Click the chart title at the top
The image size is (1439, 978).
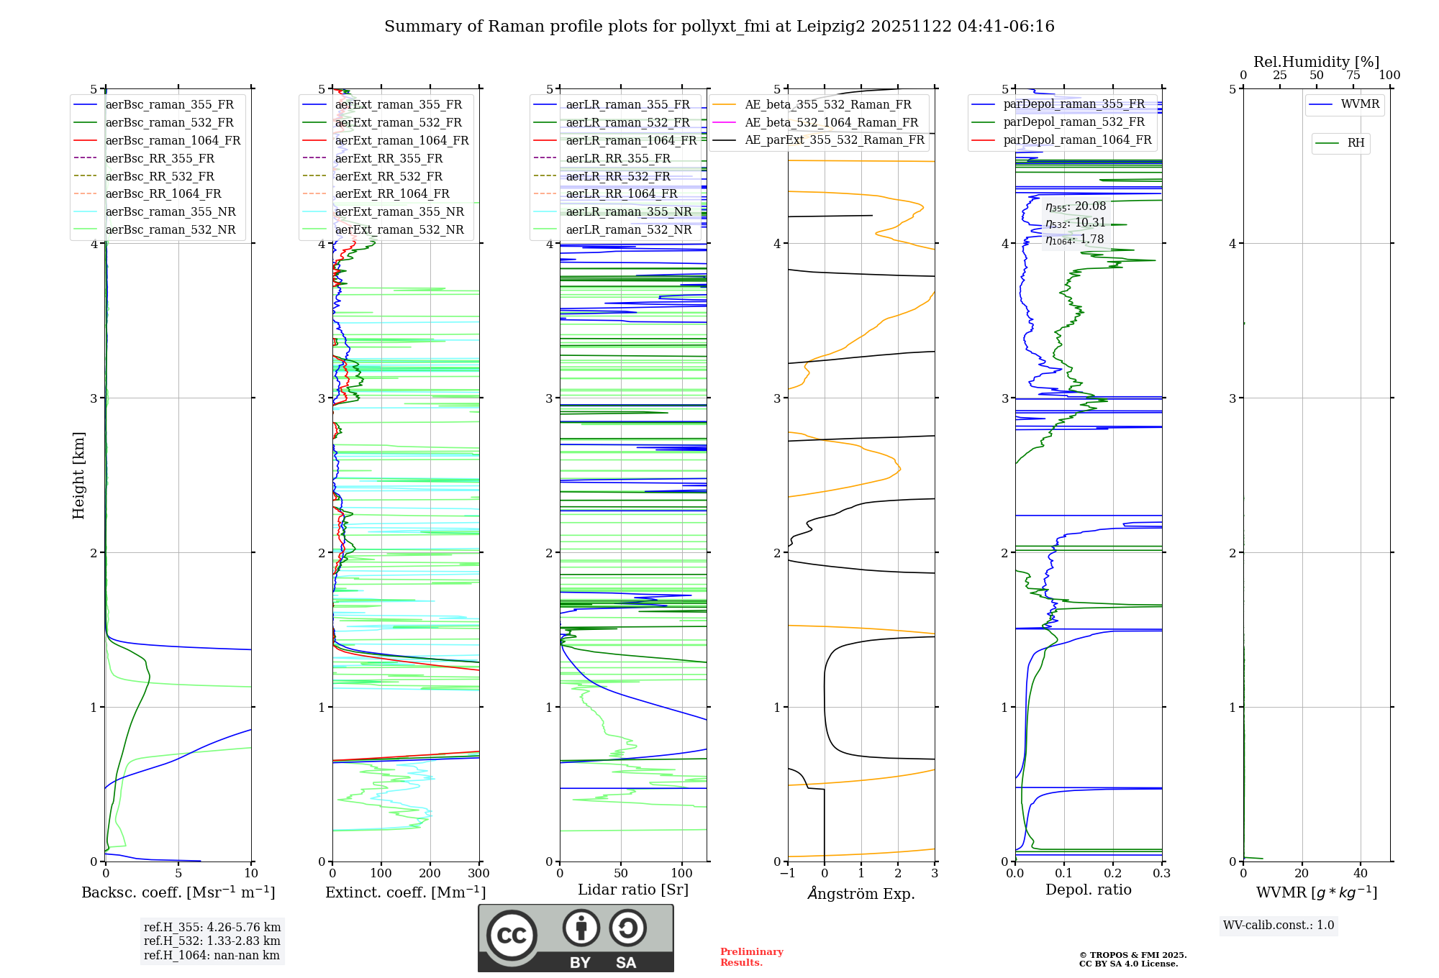pos(719,27)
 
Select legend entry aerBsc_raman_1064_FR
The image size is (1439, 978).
pos(173,140)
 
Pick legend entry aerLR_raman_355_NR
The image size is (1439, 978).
pos(628,211)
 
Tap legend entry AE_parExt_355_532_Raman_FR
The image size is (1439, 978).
pos(835,140)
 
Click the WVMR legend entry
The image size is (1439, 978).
pos(1360,104)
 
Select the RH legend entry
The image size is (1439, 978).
pos(1356,143)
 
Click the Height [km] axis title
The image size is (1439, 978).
pos(78,475)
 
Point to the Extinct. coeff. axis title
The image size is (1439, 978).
pos(406,892)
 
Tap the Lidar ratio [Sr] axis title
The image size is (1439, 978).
pos(633,890)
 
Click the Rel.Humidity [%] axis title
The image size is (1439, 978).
pos(1316,62)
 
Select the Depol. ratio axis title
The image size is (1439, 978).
pos(1088,890)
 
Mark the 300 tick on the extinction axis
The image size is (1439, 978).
pos(479,874)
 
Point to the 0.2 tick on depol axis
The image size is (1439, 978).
pos(1113,874)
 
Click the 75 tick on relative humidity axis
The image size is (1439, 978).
pos(1353,76)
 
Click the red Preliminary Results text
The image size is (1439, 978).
pos(751,957)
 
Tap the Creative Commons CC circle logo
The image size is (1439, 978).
pos(512,935)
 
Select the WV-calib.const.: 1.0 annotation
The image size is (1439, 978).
pos(1279,926)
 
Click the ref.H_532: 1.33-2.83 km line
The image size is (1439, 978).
pos(212,941)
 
